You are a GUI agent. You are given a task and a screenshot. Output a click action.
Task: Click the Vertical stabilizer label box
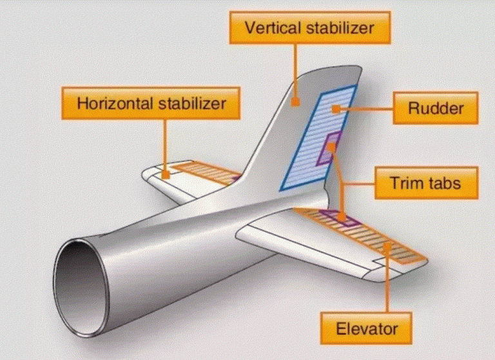[x=309, y=28]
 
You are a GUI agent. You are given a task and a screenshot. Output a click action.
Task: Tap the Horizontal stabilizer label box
[x=151, y=103]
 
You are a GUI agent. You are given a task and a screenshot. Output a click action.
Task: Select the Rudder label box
[x=436, y=108]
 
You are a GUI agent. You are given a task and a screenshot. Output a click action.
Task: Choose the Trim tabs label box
[x=426, y=183]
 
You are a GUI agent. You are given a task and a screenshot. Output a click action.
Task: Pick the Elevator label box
[x=366, y=328]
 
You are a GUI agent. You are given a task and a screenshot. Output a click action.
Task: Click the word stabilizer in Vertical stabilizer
[x=340, y=28]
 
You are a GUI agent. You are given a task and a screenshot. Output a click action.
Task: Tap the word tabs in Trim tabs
[x=443, y=183]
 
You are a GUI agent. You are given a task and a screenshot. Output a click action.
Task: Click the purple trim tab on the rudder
[x=329, y=148]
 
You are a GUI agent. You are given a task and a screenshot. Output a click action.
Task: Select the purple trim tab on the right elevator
[x=340, y=218]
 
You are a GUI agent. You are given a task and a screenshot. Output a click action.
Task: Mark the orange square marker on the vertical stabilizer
[x=295, y=102]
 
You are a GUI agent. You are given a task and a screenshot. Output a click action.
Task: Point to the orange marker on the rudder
[x=336, y=110]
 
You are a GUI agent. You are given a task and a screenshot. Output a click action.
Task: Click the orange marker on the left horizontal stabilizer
[x=166, y=174]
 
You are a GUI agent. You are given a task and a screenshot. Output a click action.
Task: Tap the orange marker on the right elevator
[x=387, y=247]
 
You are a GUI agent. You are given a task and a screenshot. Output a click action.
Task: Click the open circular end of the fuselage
[x=81, y=288]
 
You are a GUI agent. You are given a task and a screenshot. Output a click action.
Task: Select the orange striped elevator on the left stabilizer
[x=207, y=173]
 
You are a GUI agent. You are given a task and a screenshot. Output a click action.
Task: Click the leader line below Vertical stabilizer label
[x=295, y=71]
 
